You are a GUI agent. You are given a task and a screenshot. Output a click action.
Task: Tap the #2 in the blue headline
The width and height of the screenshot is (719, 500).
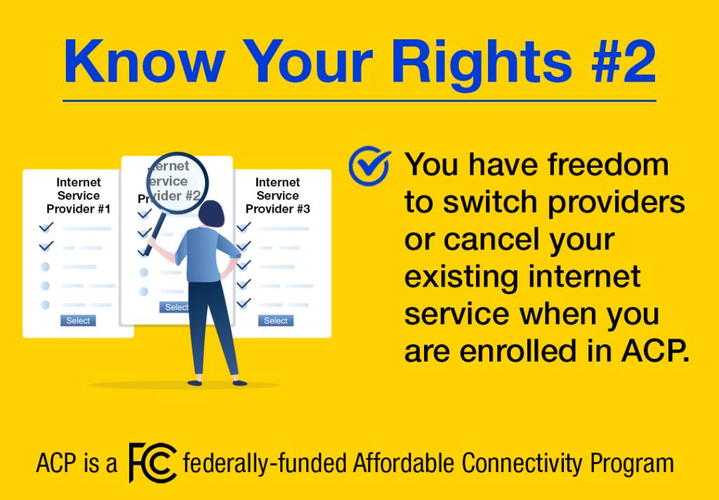[x=624, y=62]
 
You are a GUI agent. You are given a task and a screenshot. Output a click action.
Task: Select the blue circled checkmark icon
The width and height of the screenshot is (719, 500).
[x=369, y=166]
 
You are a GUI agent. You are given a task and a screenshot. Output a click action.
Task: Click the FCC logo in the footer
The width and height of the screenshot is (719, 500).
[x=152, y=463]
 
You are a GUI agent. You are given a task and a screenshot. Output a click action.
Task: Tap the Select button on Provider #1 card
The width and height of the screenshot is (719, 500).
[x=78, y=321]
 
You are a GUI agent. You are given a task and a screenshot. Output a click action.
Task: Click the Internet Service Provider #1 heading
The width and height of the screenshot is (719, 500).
[x=79, y=196]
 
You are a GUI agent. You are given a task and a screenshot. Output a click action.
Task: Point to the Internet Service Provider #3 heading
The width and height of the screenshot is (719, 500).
[x=278, y=196]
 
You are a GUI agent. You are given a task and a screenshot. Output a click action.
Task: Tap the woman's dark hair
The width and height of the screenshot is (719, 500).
[x=211, y=213]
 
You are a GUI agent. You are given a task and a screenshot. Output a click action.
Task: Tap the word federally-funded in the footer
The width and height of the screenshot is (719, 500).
[x=265, y=464]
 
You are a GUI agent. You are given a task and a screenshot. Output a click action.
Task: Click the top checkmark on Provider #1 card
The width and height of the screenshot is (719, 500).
[x=46, y=227]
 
